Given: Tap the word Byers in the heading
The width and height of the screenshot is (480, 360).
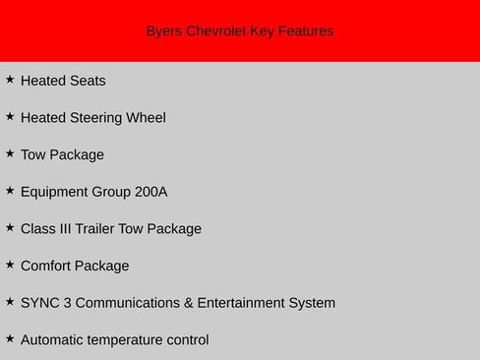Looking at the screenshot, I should point(164,31).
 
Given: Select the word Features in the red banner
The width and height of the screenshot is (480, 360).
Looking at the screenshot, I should point(305,31).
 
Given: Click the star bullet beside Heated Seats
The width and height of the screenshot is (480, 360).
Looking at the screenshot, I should point(10,79).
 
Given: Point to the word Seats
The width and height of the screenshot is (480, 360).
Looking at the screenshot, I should point(87,81).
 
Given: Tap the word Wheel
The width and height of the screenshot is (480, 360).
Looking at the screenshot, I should point(146,118).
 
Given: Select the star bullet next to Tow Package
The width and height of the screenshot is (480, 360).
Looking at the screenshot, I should point(10,152).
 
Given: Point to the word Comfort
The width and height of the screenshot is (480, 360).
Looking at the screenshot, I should point(47,266).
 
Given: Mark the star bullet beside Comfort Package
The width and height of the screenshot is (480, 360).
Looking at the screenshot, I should point(10,264).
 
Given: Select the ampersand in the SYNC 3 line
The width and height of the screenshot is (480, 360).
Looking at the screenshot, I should point(189,303).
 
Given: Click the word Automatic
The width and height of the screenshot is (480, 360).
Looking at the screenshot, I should point(55,340).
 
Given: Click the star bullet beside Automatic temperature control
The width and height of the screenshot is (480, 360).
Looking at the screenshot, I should point(10,337).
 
